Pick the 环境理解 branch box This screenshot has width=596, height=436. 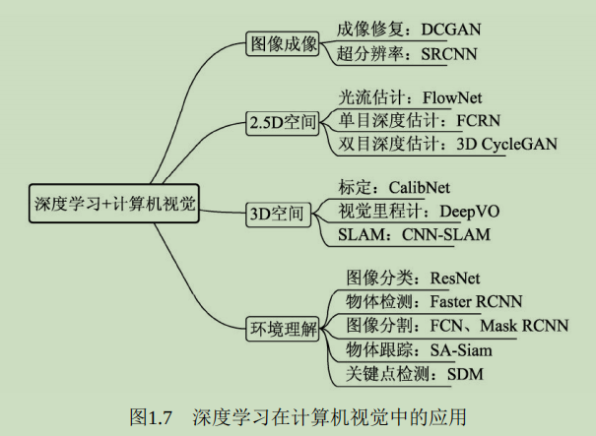click(x=282, y=327)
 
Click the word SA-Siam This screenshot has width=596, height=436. click(x=462, y=348)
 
